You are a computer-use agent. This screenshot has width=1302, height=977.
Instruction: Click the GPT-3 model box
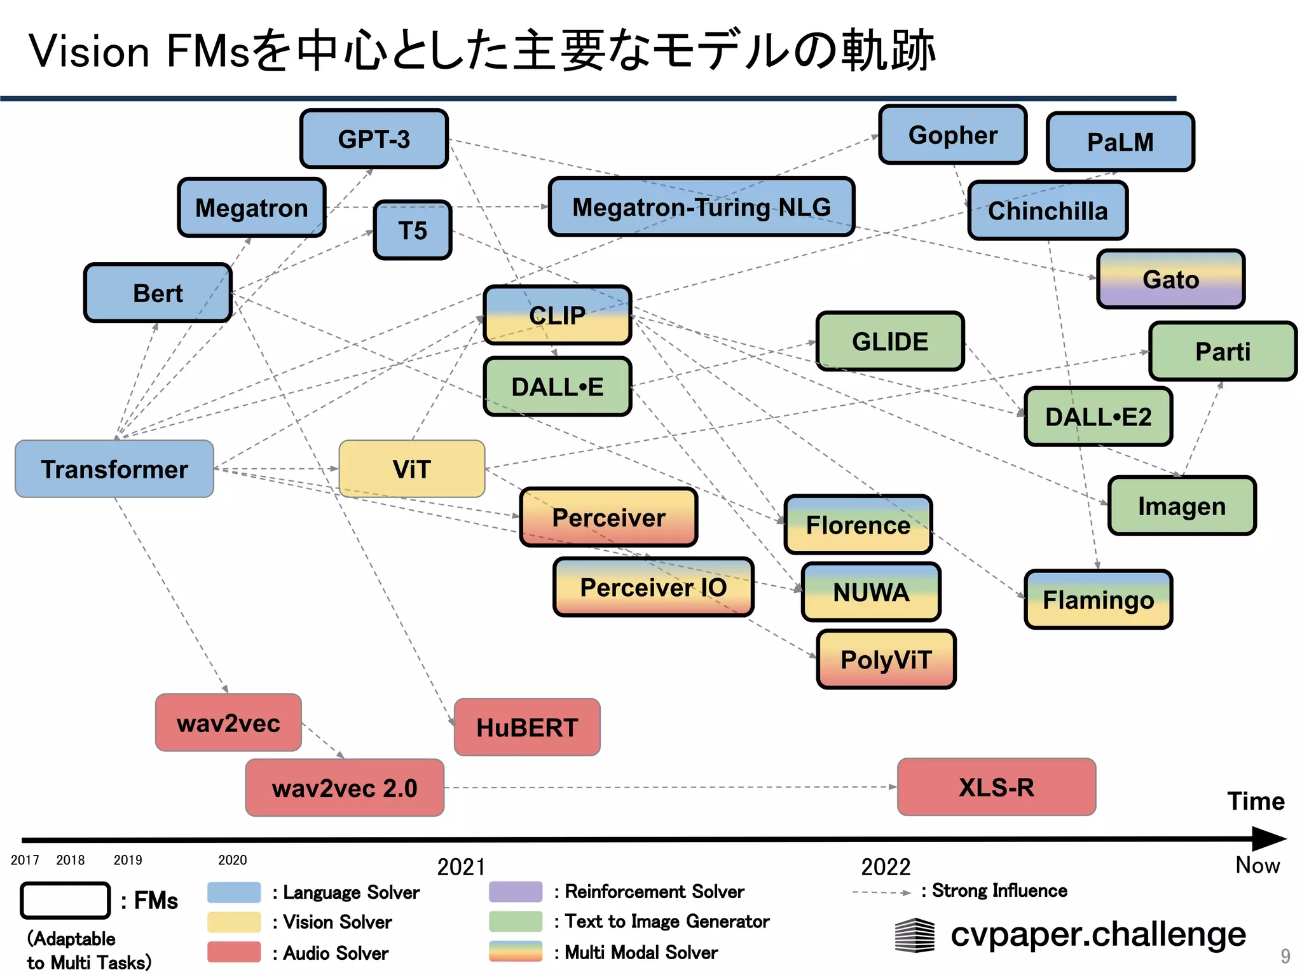tap(374, 139)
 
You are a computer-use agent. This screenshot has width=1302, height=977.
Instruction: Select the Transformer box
tap(114, 469)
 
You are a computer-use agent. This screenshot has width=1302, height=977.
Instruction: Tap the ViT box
tap(412, 469)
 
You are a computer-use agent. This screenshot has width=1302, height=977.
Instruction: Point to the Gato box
tap(1170, 279)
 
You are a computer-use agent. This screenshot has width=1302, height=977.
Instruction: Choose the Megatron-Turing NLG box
tap(701, 207)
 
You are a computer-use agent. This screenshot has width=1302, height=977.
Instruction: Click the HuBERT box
tap(527, 727)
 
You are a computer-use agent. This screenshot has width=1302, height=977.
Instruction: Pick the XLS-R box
tap(996, 787)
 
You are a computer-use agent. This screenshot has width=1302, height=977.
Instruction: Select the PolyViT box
tap(886, 660)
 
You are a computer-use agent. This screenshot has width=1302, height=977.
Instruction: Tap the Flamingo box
tap(1098, 599)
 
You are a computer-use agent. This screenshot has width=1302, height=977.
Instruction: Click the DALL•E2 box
tap(1098, 417)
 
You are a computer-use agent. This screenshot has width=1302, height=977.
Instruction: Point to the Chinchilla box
tap(1048, 211)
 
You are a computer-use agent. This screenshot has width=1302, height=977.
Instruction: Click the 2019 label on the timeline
tap(128, 860)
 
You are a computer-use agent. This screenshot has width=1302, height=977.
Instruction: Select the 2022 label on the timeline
tap(886, 867)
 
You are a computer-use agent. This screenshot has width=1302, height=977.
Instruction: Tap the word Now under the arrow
tap(1257, 865)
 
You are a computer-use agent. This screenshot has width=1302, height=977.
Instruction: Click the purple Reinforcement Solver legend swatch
tap(516, 892)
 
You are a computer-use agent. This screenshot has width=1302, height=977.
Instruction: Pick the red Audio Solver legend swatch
tap(234, 952)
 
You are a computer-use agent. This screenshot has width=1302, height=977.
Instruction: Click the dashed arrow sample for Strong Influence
tap(881, 892)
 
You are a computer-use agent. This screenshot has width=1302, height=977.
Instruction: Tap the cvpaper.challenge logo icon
tap(915, 935)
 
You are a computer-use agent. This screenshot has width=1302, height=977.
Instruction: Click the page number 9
tap(1285, 956)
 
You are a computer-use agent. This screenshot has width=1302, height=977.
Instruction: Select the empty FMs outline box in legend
tap(65, 900)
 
